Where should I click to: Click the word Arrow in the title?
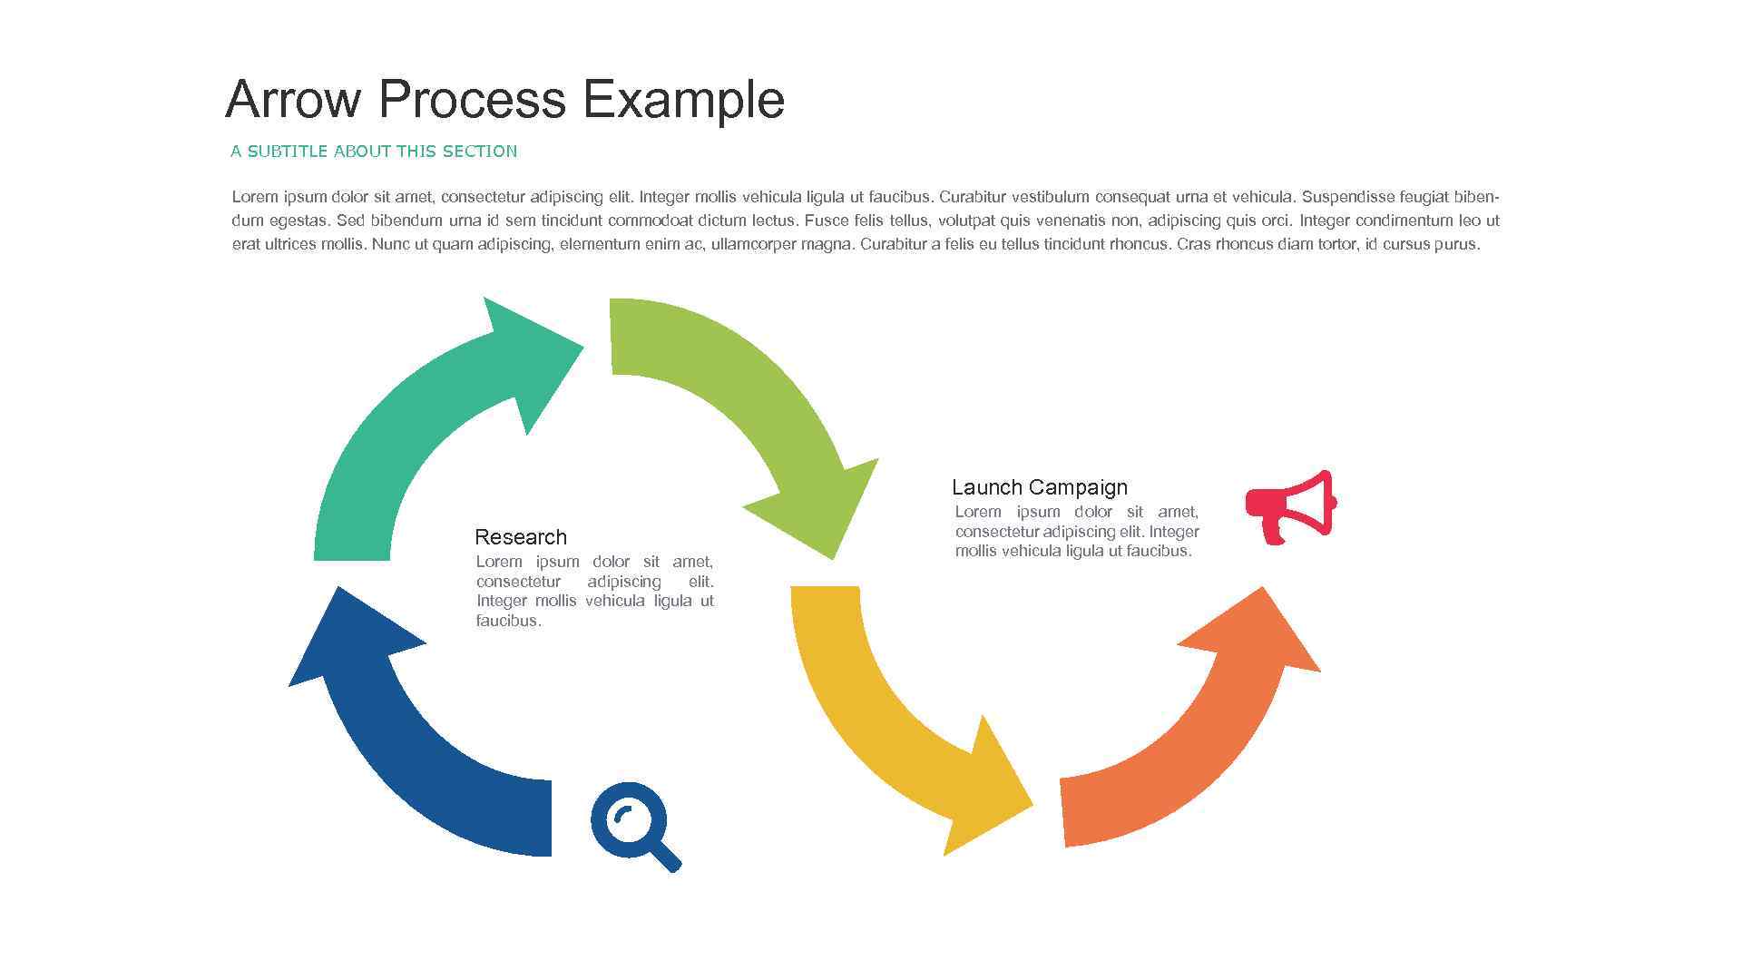tap(293, 99)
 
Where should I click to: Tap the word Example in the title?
tap(682, 99)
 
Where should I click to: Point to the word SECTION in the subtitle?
tap(479, 152)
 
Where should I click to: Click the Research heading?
tap(521, 537)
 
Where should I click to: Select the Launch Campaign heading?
tap(1039, 487)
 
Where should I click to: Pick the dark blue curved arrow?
tap(426, 771)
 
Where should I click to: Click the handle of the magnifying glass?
tap(668, 857)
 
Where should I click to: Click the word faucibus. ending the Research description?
tap(508, 622)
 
